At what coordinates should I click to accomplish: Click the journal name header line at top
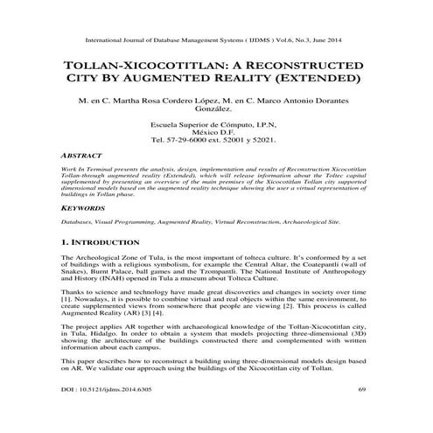click(215, 40)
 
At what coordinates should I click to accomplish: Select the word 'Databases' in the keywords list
click(77, 224)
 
